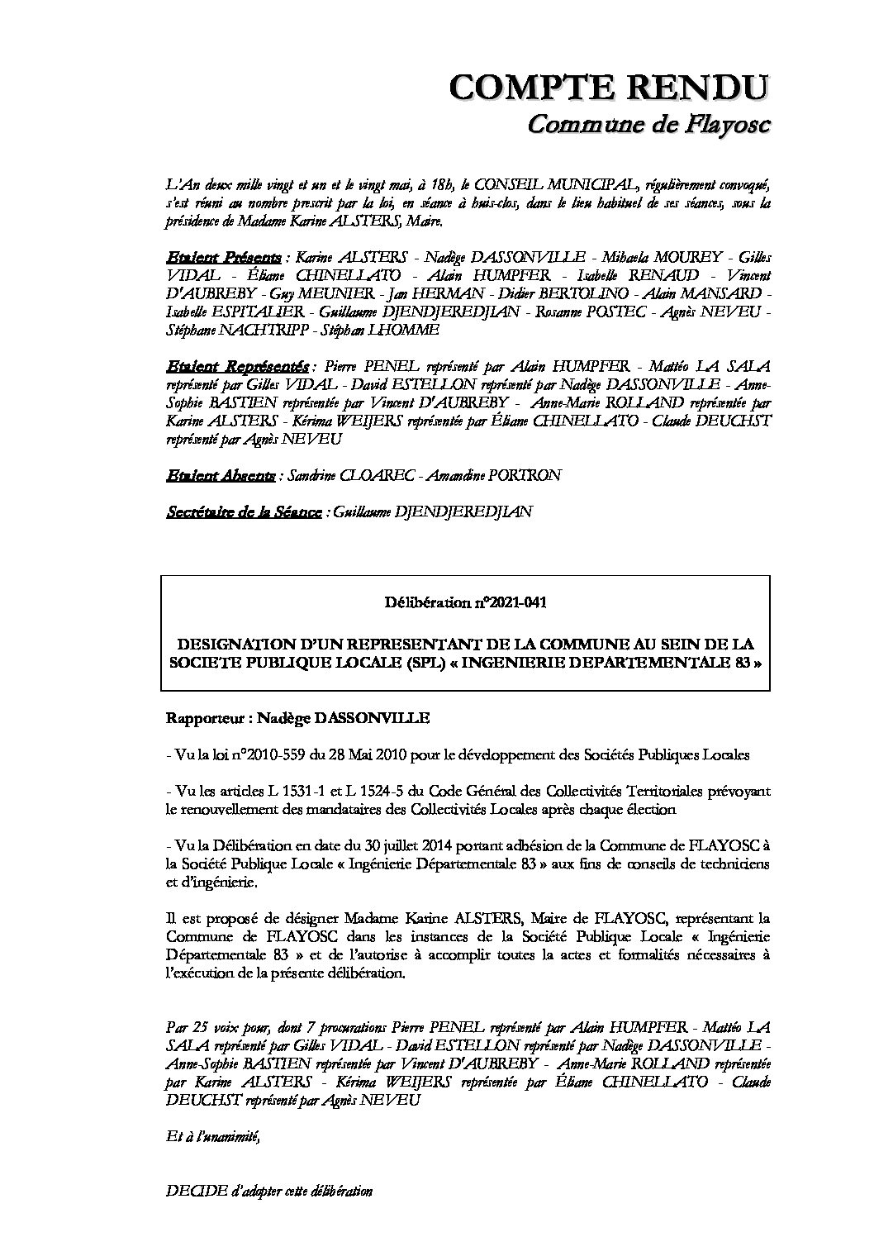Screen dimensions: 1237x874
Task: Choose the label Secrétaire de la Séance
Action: click(x=244, y=512)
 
